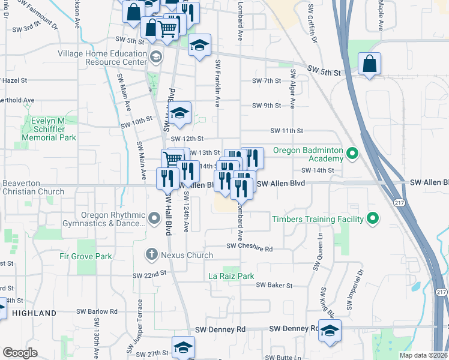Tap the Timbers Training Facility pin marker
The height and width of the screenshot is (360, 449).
point(373,219)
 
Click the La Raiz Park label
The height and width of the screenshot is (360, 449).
point(231,276)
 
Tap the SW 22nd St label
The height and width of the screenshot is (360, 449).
point(149,274)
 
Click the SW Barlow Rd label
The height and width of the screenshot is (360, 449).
point(97,311)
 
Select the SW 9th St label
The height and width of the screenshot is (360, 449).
point(267,106)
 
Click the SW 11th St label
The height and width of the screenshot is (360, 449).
point(287,130)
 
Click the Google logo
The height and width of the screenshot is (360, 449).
point(20,353)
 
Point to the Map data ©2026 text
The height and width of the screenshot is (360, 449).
point(423,355)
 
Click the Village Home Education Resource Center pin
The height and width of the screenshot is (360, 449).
point(156,57)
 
